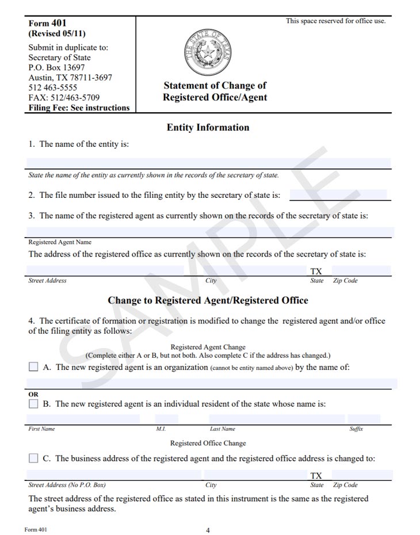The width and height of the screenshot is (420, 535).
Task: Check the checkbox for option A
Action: coord(33,366)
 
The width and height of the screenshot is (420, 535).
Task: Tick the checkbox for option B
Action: coord(33,404)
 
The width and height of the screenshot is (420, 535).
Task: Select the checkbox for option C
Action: coord(33,458)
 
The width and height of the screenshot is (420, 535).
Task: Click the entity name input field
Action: coord(209,163)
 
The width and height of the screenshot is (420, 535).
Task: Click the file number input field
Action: coord(338,195)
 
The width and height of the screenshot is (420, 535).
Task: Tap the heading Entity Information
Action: coord(208,128)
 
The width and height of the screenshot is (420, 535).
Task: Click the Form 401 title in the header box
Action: coord(47,24)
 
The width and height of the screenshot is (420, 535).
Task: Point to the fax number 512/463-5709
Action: coord(64,98)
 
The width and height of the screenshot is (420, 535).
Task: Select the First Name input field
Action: coord(83,419)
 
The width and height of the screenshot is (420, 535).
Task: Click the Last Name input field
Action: coord(277,419)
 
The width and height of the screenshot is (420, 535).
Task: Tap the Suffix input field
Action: coord(364,419)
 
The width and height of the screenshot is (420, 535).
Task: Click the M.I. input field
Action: coord(166,419)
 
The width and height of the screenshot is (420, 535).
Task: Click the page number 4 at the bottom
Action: coord(208,530)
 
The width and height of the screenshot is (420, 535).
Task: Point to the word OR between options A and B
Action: coord(33,394)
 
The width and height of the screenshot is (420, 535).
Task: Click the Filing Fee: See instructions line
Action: coord(79,108)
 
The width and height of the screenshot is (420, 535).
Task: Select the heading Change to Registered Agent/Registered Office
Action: coord(208,300)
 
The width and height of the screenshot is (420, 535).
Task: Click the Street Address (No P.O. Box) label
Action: coord(67,485)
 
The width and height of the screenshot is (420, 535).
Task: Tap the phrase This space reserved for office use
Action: coord(335,21)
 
